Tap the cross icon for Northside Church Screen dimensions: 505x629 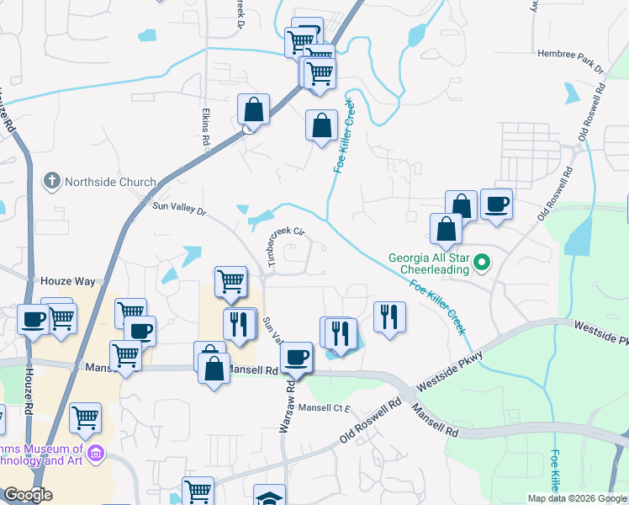pyautogui.click(x=52, y=182)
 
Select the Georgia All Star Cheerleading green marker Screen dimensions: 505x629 pyautogui.click(x=482, y=263)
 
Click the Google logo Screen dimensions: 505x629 pyautogui.click(x=28, y=494)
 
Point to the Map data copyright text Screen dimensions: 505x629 pyautogui.click(x=577, y=498)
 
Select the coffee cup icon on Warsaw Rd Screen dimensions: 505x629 pyautogui.click(x=296, y=357)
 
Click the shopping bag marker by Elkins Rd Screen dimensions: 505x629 pyautogui.click(x=253, y=109)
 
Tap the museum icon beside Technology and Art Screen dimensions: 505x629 pyautogui.click(x=96, y=454)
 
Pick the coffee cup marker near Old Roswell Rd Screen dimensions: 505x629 pyautogui.click(x=497, y=204)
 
